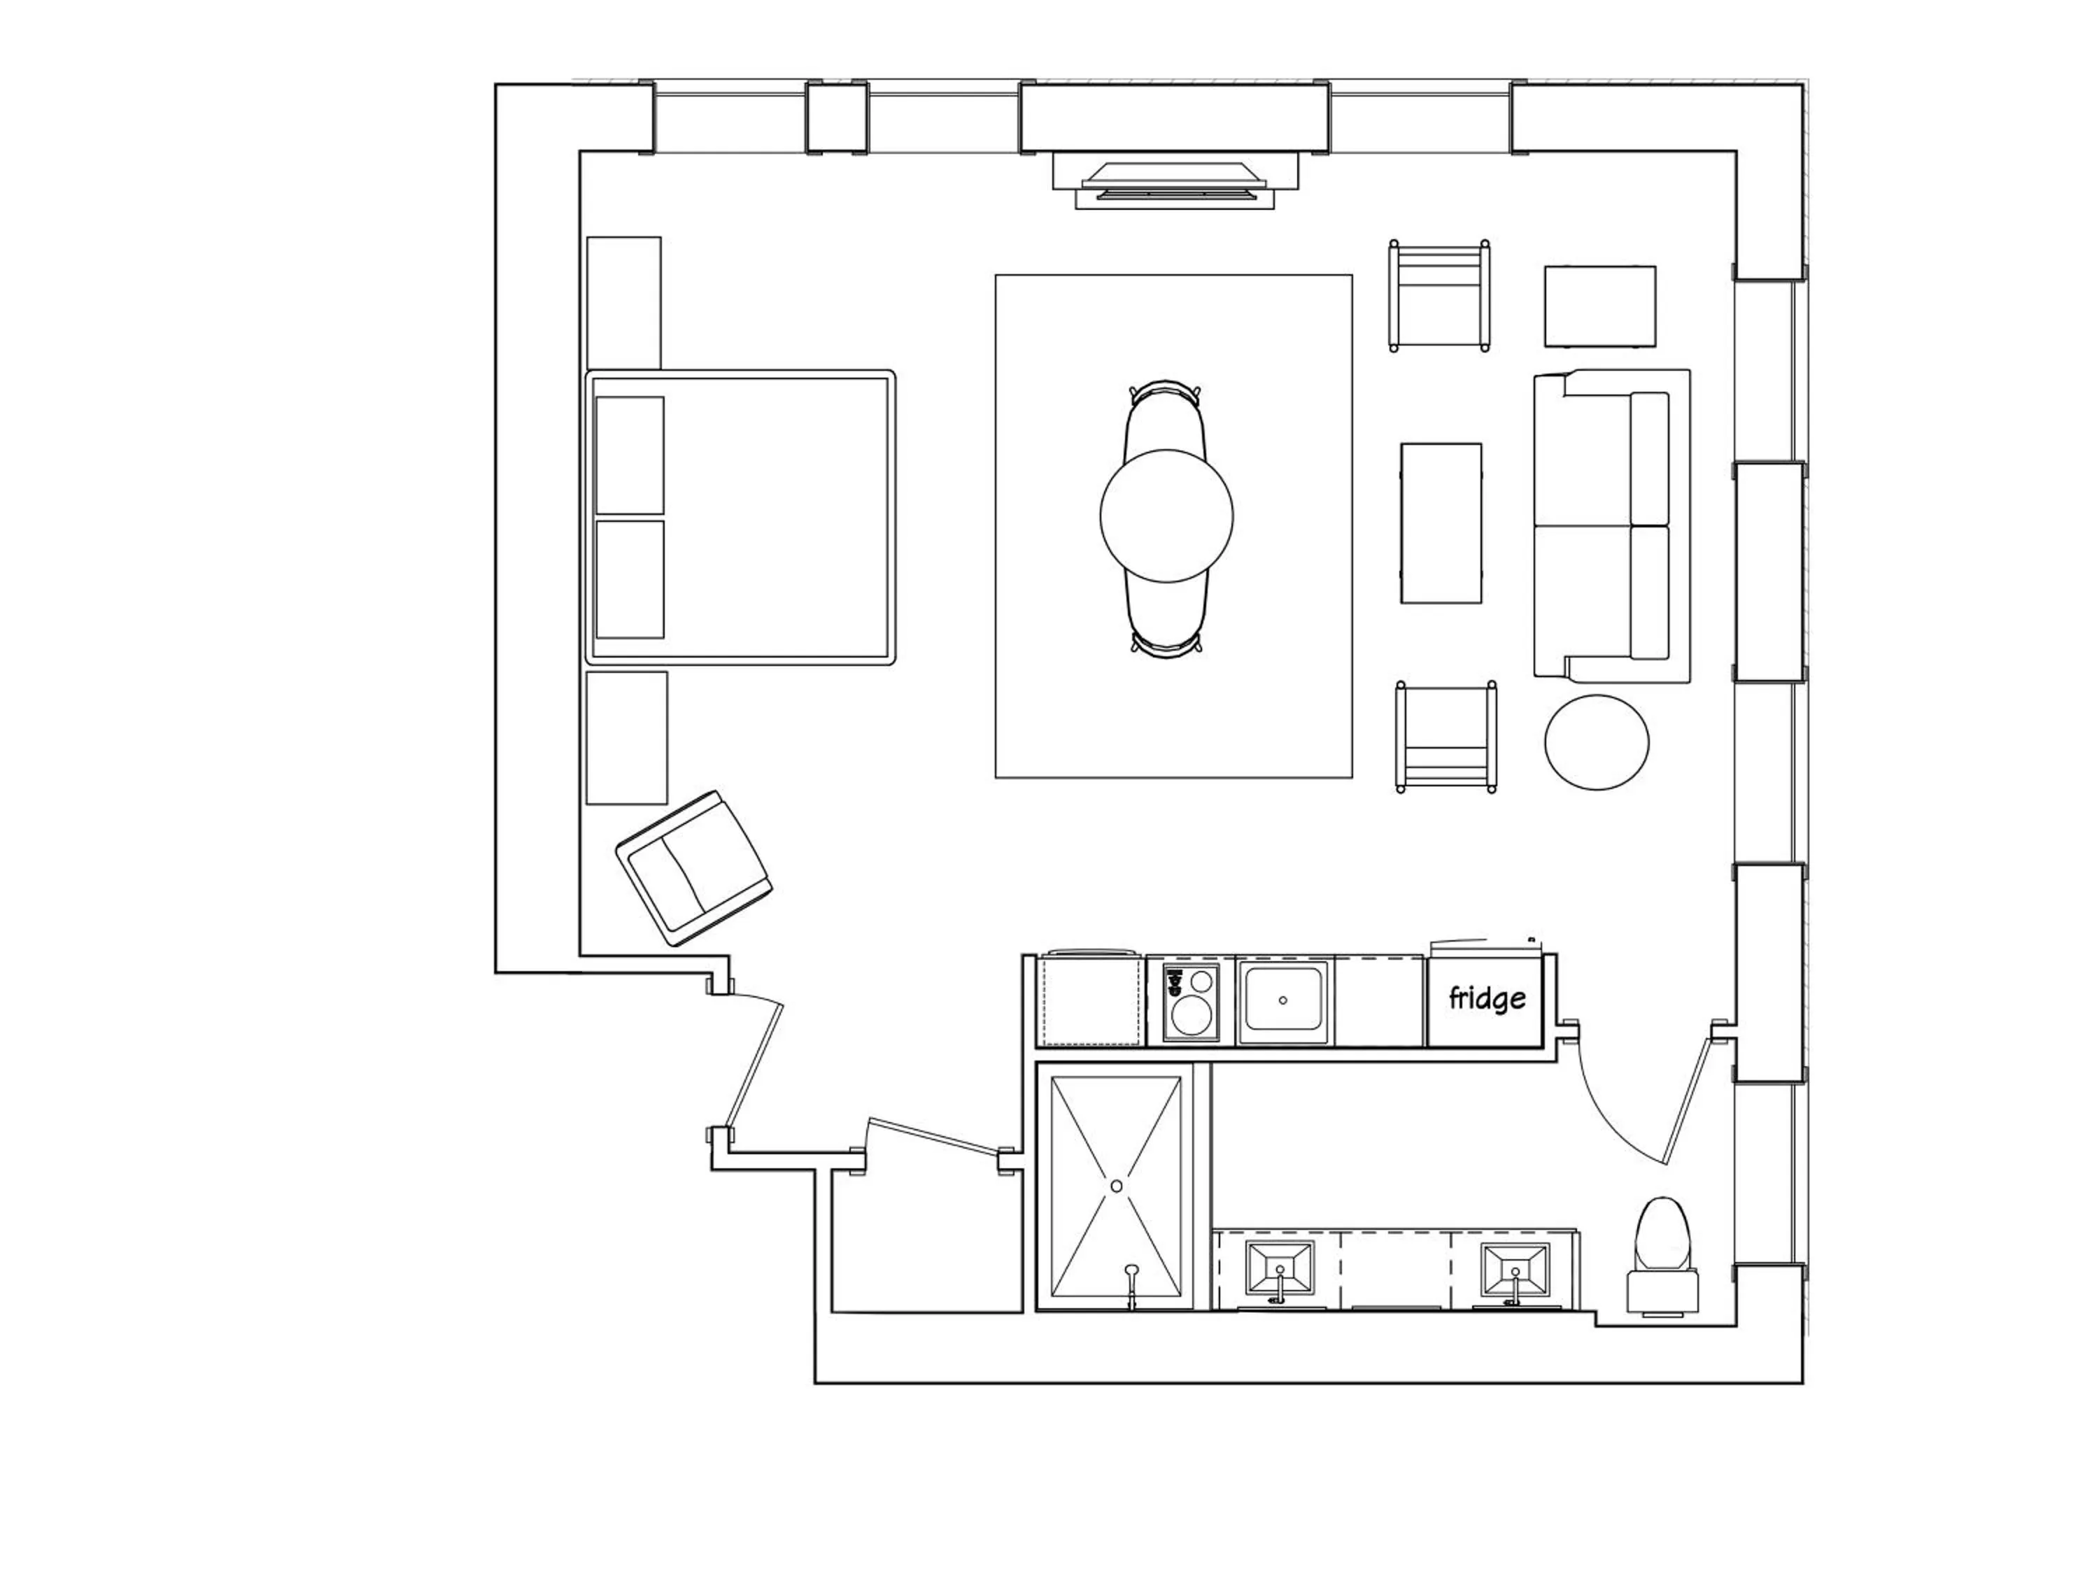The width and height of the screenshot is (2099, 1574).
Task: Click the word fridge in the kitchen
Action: (x=1487, y=998)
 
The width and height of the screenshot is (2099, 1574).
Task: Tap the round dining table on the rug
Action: (x=1166, y=515)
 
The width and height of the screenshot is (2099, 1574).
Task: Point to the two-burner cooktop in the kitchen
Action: (x=1191, y=1002)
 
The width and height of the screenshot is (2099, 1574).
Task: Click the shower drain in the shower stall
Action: (x=1116, y=1186)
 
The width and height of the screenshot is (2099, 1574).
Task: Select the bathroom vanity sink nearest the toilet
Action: (x=1515, y=1270)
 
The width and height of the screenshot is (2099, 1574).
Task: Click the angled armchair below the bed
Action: (x=693, y=867)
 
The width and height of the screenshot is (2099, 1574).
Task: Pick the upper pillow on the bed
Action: (x=629, y=455)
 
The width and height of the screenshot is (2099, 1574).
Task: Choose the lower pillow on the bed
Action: (x=629, y=579)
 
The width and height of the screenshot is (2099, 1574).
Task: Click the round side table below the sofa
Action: (x=1596, y=742)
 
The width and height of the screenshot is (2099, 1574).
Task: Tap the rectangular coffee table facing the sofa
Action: (x=1441, y=523)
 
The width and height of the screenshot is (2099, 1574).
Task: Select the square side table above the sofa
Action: (x=1600, y=306)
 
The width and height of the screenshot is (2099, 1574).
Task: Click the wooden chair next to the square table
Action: (x=1439, y=295)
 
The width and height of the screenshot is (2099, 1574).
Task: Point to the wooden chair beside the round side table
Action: (x=1446, y=736)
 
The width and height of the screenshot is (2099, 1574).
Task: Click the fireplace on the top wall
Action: (x=1175, y=182)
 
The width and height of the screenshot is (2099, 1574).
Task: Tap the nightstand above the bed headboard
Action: (x=623, y=302)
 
